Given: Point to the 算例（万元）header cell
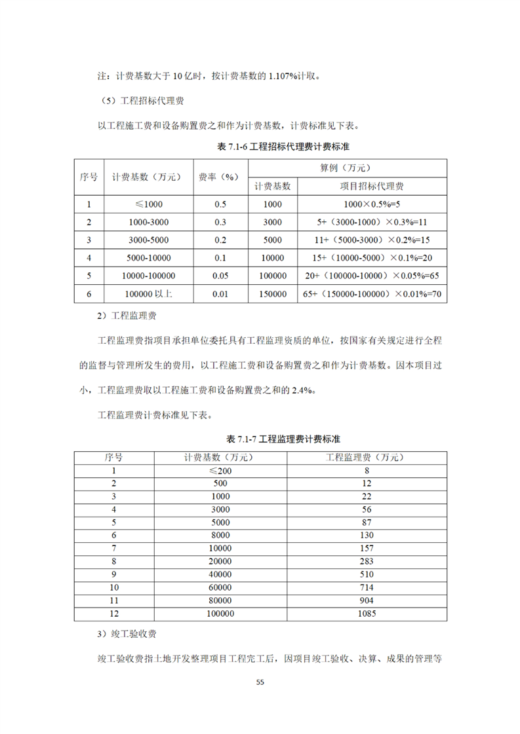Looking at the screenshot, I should coord(348,168).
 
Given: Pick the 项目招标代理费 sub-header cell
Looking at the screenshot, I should coord(371,186).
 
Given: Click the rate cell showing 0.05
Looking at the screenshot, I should coord(220,276).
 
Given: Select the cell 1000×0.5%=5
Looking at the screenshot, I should coord(371,204).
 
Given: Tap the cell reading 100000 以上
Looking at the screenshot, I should coord(142,295).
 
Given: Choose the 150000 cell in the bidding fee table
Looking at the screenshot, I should coord(272,295).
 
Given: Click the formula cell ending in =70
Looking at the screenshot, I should coord(371,295).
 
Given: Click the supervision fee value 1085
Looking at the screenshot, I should coord(367,614).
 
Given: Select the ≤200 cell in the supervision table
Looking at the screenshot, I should coord(221,470).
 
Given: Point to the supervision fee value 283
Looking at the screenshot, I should coord(367,561).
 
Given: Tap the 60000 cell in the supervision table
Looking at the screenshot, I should coord(221,587).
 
